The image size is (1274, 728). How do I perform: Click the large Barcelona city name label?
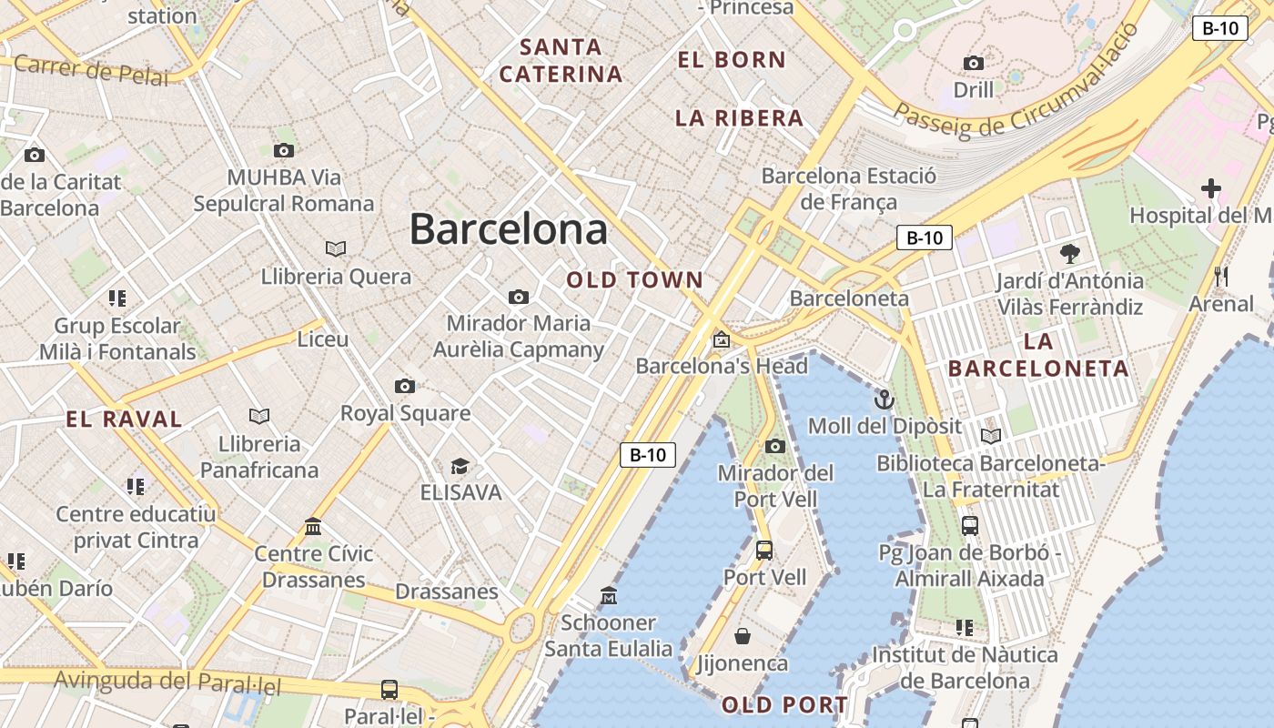[x=508, y=228]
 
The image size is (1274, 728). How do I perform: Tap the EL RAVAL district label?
[x=124, y=420]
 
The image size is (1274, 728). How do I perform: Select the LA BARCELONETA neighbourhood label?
[x=1038, y=355]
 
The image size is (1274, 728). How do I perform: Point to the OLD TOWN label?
[x=635, y=280]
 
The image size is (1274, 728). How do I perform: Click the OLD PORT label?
[x=784, y=705]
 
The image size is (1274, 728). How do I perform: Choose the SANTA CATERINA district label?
[x=561, y=60]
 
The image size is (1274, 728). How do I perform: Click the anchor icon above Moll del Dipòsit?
[x=884, y=399]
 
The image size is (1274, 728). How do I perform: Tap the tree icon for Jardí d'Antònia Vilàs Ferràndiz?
[x=1069, y=254]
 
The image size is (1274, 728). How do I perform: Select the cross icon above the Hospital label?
[x=1210, y=188]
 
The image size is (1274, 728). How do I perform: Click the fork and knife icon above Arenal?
[x=1221, y=277]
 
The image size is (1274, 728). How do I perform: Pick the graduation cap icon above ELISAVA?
[x=460, y=466]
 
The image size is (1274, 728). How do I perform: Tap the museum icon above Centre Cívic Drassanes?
[x=313, y=526]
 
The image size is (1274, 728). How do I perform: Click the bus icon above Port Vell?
[x=764, y=550]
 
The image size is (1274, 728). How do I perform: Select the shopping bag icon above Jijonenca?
[x=743, y=636]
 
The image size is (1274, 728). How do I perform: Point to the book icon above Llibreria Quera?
[x=336, y=248]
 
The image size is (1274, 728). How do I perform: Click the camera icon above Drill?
[x=974, y=63]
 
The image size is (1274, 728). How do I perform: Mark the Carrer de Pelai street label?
[x=91, y=70]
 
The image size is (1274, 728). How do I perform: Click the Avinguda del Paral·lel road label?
[x=167, y=682]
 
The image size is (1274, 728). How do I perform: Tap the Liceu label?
[x=323, y=339]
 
